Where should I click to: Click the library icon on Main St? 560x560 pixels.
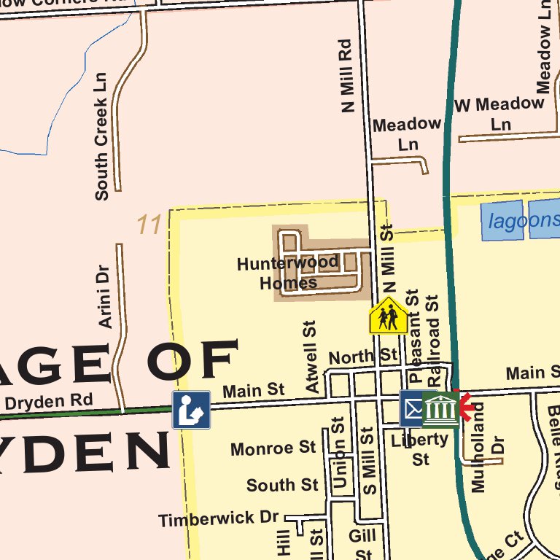tap(191, 410)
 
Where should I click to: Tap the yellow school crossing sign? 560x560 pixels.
tap(388, 316)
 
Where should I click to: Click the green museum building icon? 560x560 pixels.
tap(440, 409)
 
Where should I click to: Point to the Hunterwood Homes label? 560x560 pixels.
tap(288, 272)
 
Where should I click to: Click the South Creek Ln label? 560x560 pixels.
tap(101, 136)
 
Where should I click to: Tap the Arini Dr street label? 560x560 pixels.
tap(104, 296)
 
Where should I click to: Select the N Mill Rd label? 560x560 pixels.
tap(347, 76)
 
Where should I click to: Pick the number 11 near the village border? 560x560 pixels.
tap(149, 225)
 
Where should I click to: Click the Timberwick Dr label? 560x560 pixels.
tap(219, 519)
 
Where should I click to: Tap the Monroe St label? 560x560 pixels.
tap(273, 448)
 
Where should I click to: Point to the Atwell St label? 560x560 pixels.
tap(312, 357)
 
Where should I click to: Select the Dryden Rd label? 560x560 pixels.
tap(48, 401)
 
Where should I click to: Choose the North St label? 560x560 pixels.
tap(363, 357)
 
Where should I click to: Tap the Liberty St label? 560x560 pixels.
tap(420, 448)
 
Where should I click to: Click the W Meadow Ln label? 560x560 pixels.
tap(499, 114)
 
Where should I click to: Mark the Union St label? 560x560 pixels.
tap(338, 452)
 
